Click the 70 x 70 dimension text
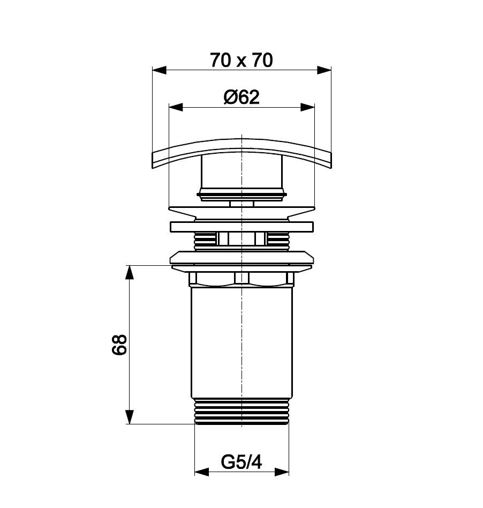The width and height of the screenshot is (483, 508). (242, 60)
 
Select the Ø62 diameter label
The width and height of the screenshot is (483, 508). (242, 97)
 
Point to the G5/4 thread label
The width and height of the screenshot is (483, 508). (242, 462)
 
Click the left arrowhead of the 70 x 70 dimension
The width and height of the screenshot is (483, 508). (159, 70)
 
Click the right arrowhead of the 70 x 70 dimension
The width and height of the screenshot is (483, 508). (324, 70)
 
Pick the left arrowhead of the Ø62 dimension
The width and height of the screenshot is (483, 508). (176, 107)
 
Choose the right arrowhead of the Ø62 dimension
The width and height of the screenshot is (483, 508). (307, 107)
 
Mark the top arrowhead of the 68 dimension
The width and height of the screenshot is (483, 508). (130, 272)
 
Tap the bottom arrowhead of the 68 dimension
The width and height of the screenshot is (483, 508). (130, 417)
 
